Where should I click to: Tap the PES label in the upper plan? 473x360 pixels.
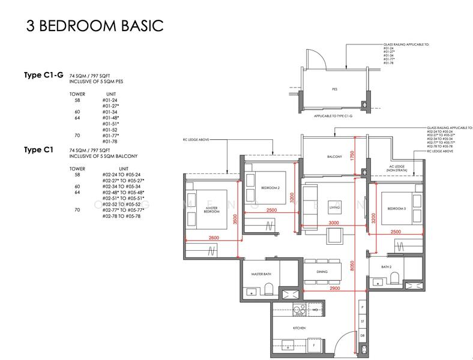click(334, 89)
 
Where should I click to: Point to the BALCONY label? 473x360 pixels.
click(334, 157)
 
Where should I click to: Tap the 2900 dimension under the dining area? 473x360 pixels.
click(330, 289)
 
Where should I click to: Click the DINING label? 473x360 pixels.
click(322, 271)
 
